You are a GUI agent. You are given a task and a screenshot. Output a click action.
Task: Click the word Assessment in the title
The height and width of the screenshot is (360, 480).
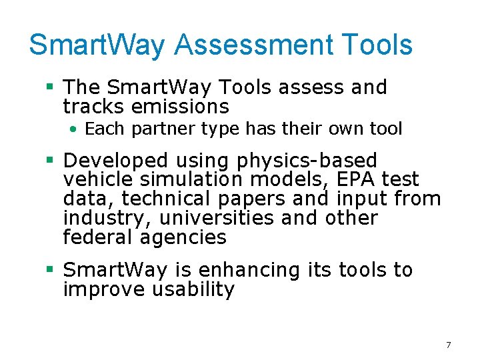point(253,45)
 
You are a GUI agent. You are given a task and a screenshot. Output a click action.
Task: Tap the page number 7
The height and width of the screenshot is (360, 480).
point(448,345)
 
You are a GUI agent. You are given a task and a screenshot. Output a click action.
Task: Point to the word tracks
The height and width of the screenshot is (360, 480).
point(93,107)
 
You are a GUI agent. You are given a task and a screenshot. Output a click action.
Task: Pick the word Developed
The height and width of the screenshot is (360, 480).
point(116,161)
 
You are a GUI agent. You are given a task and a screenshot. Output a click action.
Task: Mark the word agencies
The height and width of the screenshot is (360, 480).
point(185,238)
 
